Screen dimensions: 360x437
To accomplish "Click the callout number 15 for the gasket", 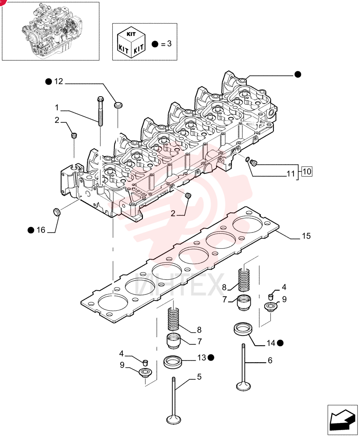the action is point(306,236).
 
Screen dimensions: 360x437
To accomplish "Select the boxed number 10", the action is point(307,171).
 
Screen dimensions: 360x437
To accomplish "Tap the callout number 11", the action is point(291,173).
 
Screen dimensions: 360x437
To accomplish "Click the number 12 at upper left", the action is point(59,81).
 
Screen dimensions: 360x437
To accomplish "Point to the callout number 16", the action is point(41,230).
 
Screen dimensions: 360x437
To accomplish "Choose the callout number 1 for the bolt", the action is point(57,108).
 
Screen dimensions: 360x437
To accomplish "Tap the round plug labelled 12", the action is point(118,105).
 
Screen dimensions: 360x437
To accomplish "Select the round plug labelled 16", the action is point(57,211).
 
